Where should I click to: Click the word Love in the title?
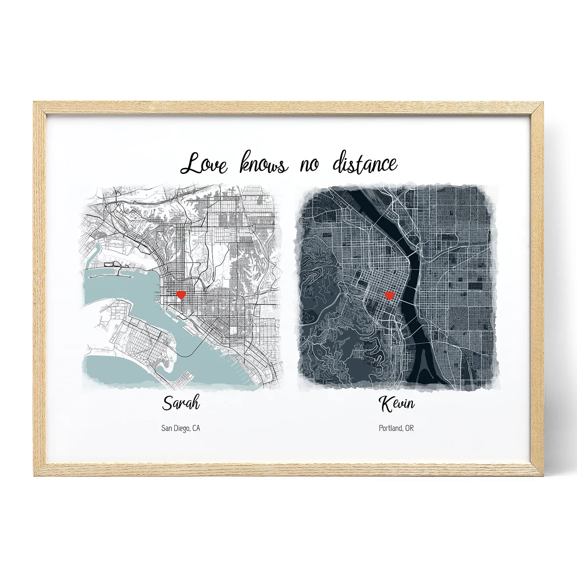pos(204,164)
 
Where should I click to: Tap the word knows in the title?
pos(263,163)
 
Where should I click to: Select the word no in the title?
pos(309,164)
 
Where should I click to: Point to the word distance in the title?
pos(365,163)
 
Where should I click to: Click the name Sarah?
pos(181,403)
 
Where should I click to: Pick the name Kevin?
pos(396,404)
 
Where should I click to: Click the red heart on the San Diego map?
pos(181,295)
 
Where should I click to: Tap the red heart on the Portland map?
pos(390,296)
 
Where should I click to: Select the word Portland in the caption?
pos(390,428)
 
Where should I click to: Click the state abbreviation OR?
pos(409,428)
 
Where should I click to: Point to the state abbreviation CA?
pos(196,428)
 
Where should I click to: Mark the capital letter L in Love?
pos(191,163)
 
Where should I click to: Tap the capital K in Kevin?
pos(386,404)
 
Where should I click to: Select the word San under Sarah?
pos(166,428)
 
